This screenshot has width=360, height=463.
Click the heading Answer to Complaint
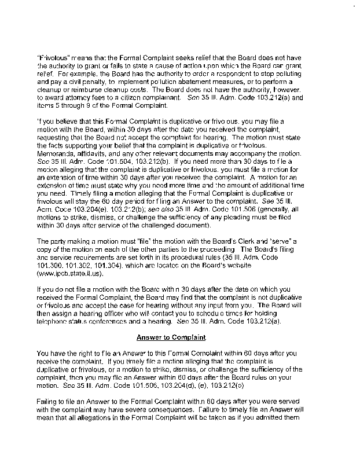(x=179, y=337)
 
